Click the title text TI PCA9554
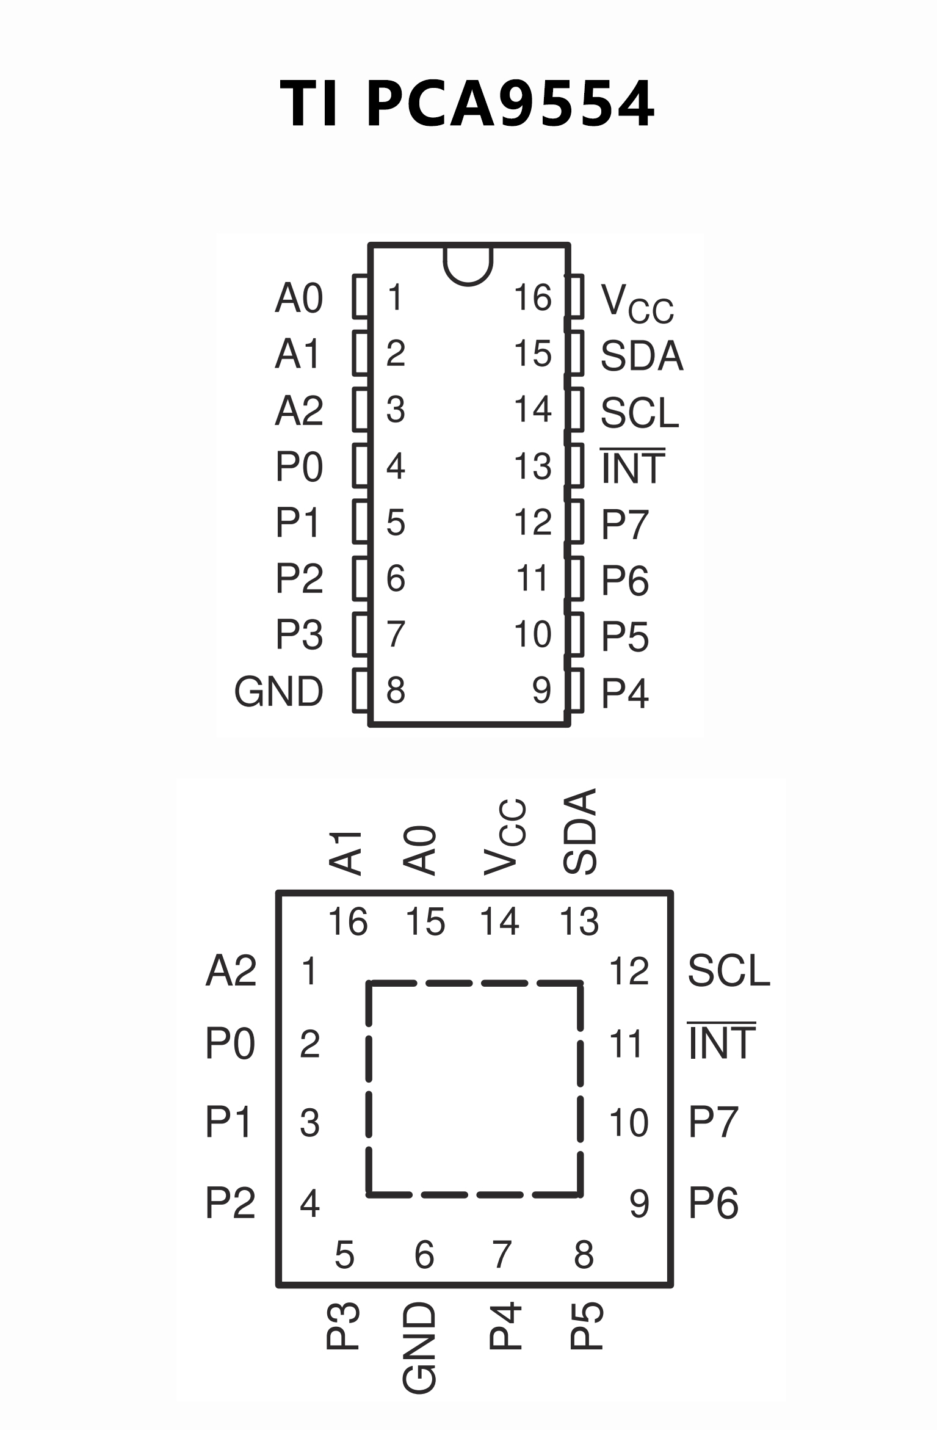coord(468,104)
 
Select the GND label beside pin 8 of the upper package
coord(278,691)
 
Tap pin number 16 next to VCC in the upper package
coord(532,297)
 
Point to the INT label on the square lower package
coord(722,1043)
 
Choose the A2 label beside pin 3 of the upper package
coord(298,410)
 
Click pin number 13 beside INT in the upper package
coord(532,466)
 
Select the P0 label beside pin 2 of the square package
coord(230,1043)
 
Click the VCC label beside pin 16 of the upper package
coord(637,302)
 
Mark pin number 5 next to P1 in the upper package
coord(396,523)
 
